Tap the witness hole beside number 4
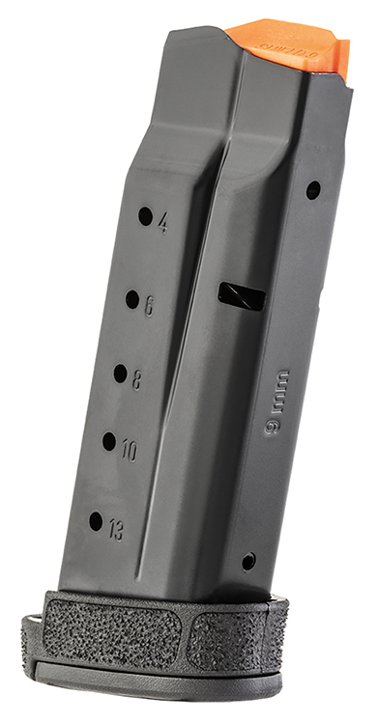(145, 216)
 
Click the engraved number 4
(162, 225)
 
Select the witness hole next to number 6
(132, 299)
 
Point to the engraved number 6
(150, 306)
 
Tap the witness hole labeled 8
(120, 374)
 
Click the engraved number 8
(136, 380)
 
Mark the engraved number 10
(129, 451)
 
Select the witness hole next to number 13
(96, 521)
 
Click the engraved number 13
(115, 530)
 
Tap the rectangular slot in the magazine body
(241, 296)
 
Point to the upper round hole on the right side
(313, 190)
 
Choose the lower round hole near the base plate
(248, 561)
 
